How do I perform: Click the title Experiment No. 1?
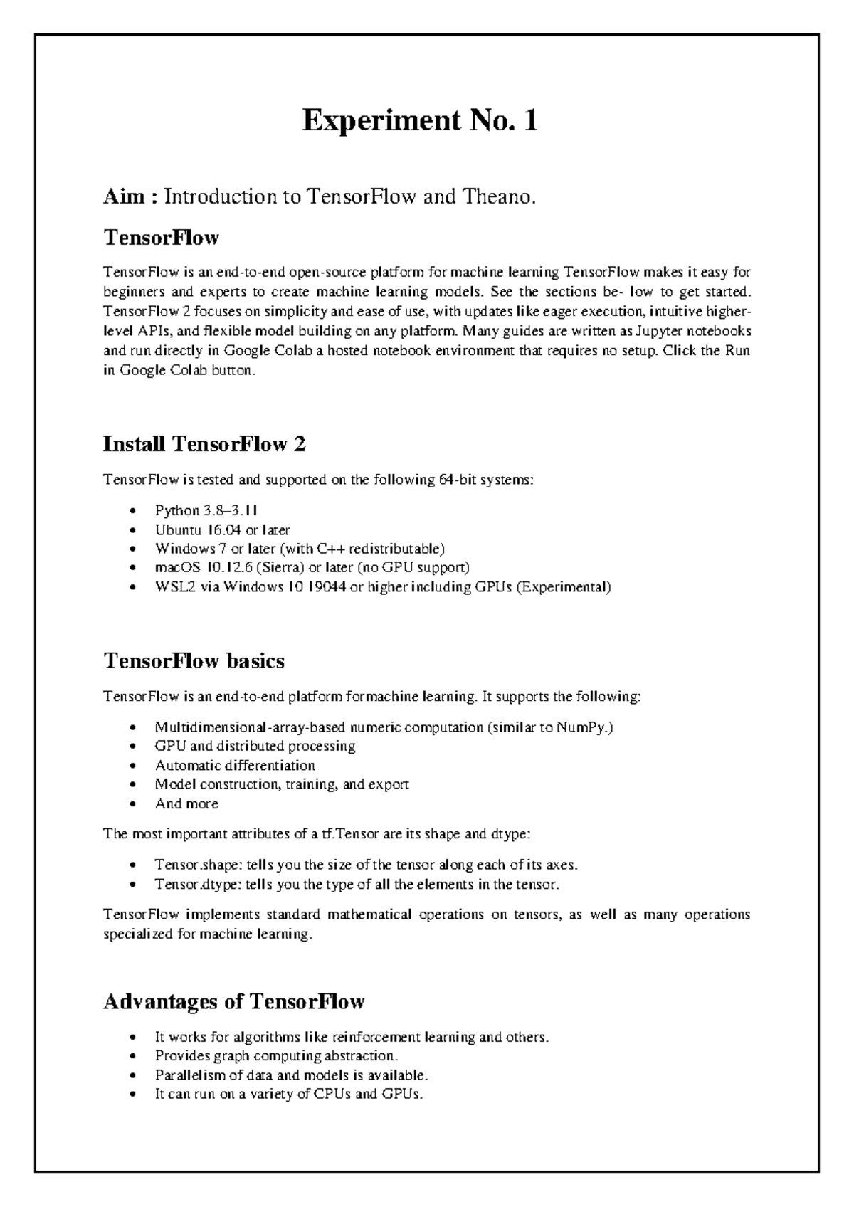tap(420, 122)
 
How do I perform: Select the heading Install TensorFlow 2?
tap(204, 445)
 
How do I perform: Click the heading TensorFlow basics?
tap(194, 661)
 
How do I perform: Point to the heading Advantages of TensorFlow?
tap(233, 1002)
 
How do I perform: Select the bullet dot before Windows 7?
tap(133, 549)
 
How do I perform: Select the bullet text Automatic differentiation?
tap(235, 766)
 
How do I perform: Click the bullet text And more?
tap(186, 804)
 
